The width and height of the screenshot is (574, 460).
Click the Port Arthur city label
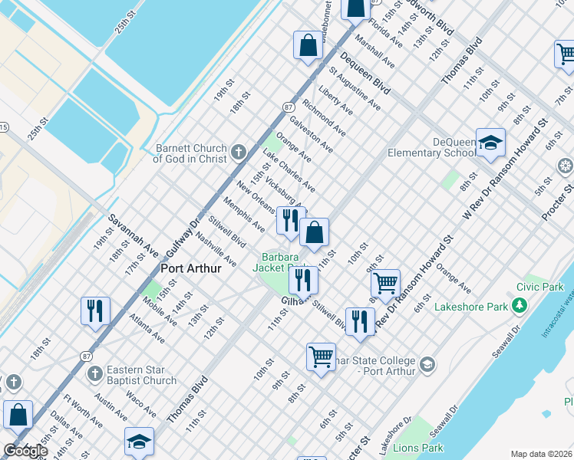(192, 269)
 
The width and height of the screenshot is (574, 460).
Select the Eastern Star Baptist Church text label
(141, 375)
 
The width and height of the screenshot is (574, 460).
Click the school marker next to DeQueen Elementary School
(490, 143)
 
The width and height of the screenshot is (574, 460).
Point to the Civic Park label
(539, 287)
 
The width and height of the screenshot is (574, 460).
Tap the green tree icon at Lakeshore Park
(520, 307)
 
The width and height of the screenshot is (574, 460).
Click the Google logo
(25, 451)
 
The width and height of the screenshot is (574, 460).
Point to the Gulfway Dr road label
(183, 230)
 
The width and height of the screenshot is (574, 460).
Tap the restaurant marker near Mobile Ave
(95, 310)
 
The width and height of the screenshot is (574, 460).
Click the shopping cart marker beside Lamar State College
(321, 356)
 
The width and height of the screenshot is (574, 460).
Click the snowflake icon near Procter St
(566, 166)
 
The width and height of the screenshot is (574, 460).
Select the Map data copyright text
(542, 454)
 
